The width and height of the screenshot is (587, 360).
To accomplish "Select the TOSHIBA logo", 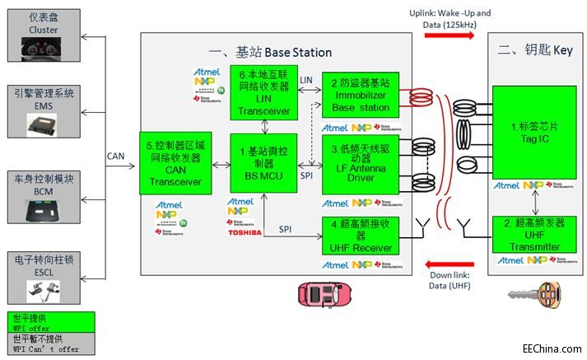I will pos(245,233).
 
